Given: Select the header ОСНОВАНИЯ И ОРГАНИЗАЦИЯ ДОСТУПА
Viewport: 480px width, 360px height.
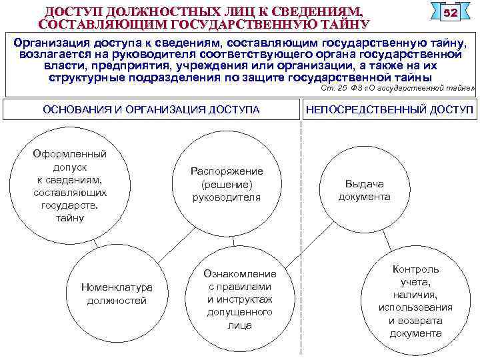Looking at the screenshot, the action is pyautogui.click(x=151, y=109).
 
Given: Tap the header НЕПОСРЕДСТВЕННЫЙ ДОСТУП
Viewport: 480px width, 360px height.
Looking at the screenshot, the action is pyautogui.click(x=389, y=109).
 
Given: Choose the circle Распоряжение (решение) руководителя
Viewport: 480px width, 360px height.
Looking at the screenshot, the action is pyautogui.click(x=227, y=184).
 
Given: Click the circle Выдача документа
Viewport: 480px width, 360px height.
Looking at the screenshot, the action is pyautogui.click(x=364, y=191).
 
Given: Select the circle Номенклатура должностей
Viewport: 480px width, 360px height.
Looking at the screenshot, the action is pyautogui.click(x=117, y=294).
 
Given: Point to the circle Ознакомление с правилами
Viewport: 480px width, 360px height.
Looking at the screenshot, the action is pyautogui.click(x=239, y=299).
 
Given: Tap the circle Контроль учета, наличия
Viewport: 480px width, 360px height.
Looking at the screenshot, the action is pyautogui.click(x=415, y=301).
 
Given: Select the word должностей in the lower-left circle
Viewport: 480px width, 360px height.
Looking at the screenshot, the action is pyautogui.click(x=117, y=301).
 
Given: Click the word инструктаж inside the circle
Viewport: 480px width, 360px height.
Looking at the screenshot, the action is pyautogui.click(x=245, y=299).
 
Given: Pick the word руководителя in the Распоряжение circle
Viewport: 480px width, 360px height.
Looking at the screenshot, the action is pyautogui.click(x=227, y=197).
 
